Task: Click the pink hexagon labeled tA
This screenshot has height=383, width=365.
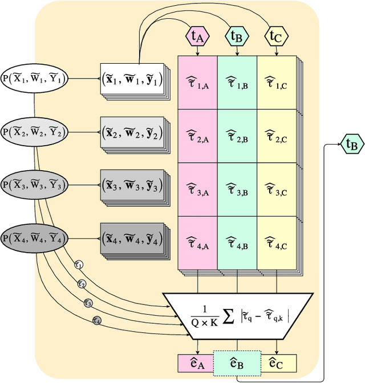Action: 197,37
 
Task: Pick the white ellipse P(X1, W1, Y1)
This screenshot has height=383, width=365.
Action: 34,80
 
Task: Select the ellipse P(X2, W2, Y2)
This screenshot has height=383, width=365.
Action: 34,133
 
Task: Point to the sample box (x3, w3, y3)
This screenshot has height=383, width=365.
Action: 132,185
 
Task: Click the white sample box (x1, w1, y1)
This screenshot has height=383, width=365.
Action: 132,80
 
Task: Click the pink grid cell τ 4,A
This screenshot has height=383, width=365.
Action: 197,243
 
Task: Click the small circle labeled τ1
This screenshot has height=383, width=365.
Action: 79,264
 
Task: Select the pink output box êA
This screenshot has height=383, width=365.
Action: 196,362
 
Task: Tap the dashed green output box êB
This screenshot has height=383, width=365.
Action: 237,362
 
